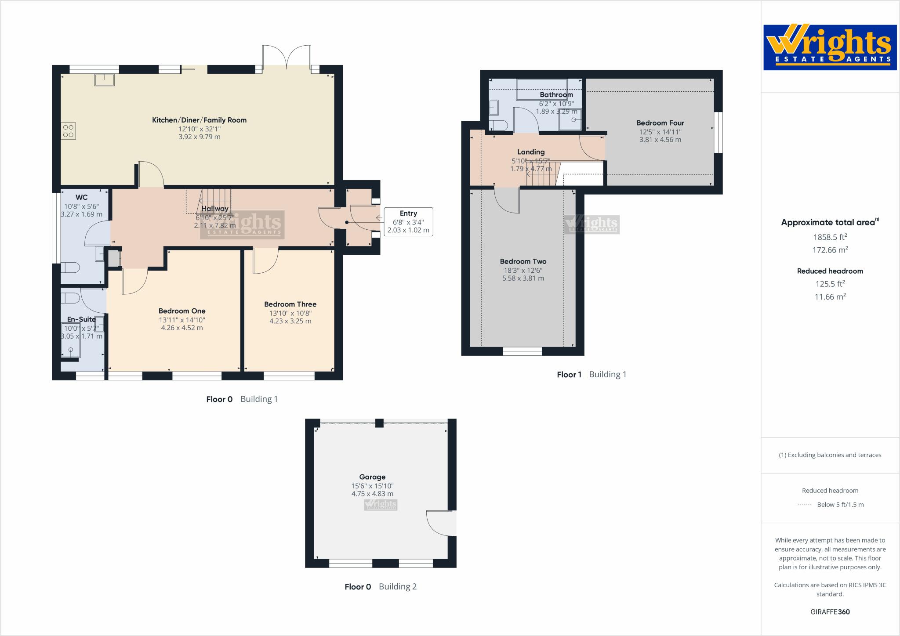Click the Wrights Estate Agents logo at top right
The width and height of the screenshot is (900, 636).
point(830,47)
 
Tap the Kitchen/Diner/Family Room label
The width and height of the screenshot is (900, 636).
point(199,120)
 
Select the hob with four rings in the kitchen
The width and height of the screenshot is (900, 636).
point(68,131)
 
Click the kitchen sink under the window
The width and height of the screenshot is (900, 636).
point(105,79)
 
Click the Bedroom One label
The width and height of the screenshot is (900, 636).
point(182,311)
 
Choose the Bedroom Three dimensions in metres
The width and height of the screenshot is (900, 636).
point(290,321)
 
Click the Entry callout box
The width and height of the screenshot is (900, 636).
point(408,222)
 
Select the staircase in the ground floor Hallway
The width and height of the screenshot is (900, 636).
point(208,202)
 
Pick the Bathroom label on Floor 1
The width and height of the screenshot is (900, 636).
point(556,94)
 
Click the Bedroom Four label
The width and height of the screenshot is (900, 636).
point(660,123)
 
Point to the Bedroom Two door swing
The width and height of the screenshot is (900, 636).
point(507,200)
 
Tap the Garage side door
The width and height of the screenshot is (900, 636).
point(441,523)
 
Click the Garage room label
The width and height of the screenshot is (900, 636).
point(372,477)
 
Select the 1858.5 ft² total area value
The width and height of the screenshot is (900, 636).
point(830,237)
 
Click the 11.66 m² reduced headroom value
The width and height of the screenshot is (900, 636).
point(830,296)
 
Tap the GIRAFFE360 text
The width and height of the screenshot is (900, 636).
point(830,612)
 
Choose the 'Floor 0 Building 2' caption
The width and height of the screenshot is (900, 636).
point(381,586)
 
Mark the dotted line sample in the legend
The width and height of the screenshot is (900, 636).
point(804,505)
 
